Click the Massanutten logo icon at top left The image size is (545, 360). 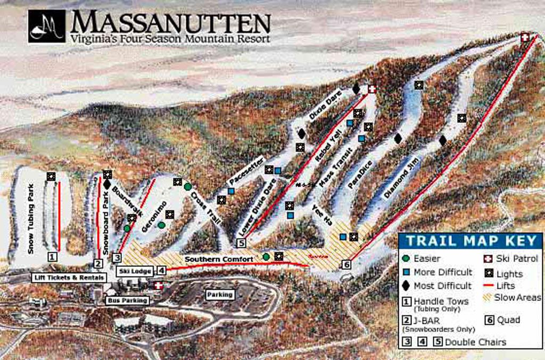click(x=47, y=26)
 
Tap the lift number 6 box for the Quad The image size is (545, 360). click(x=346, y=264)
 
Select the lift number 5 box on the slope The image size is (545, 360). click(x=241, y=243)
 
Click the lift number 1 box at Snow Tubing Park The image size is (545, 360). click(x=52, y=256)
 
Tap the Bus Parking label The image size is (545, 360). click(x=127, y=300)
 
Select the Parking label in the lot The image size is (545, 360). click(x=220, y=294)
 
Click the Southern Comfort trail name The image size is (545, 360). click(x=219, y=259)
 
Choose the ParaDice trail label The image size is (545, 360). click(x=360, y=174)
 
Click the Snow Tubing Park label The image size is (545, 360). click(x=31, y=218)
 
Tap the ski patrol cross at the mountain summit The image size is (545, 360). click(x=525, y=37)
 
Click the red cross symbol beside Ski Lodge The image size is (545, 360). click(x=158, y=286)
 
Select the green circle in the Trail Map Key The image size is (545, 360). click(x=407, y=258)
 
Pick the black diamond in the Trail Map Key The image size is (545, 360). click(x=407, y=286)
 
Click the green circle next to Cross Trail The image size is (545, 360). click(x=187, y=186)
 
